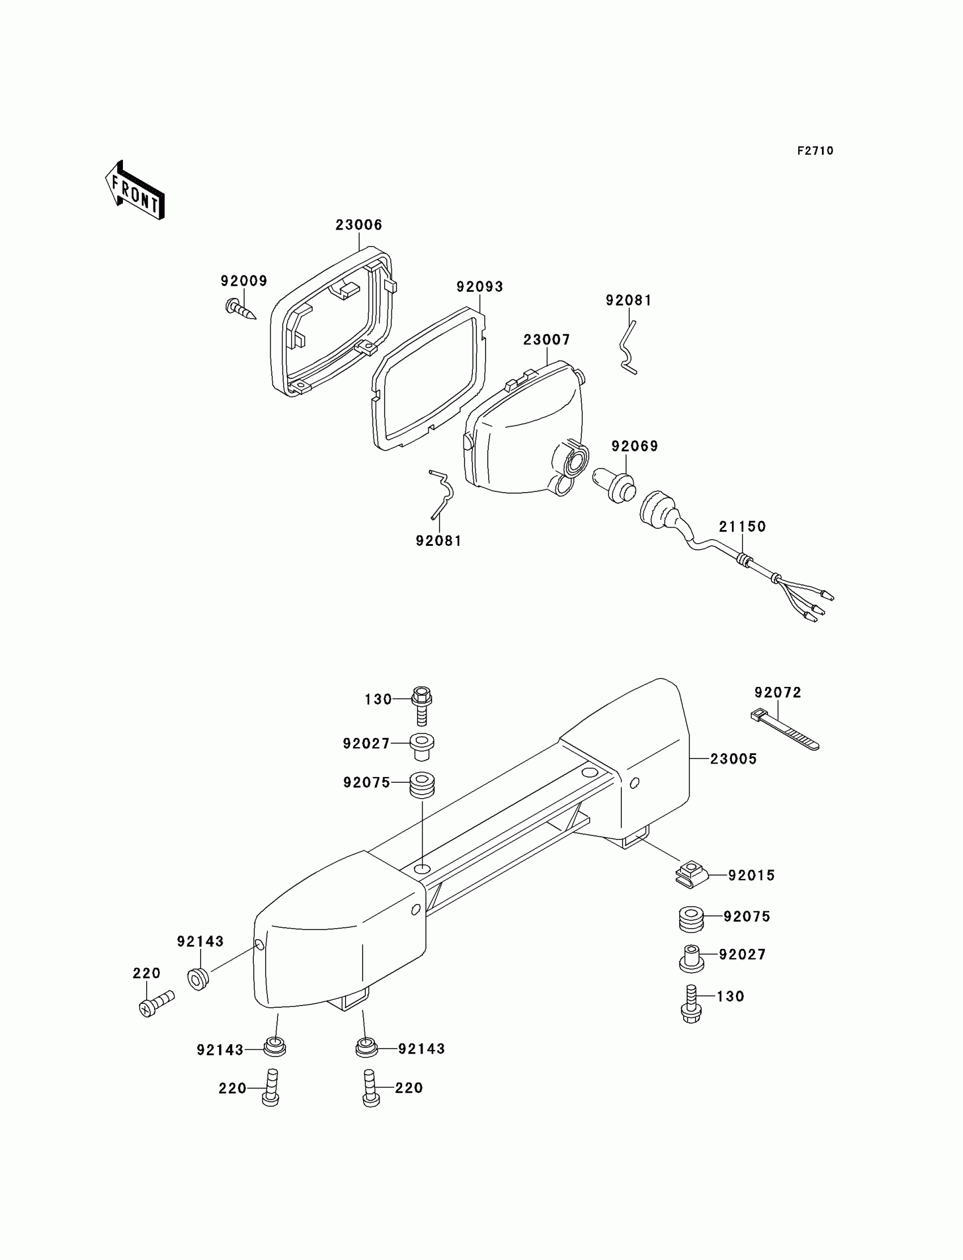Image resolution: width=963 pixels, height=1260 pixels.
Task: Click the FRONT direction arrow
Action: pyautogui.click(x=135, y=191)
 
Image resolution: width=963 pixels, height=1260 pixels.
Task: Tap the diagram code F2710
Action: pyautogui.click(x=815, y=151)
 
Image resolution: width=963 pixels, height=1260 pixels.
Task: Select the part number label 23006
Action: pyautogui.click(x=359, y=225)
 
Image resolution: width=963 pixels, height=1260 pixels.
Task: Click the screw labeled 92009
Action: pyautogui.click(x=240, y=308)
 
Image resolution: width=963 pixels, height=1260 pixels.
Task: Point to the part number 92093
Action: pyautogui.click(x=480, y=287)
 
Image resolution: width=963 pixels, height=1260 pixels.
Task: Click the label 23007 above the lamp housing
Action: pyautogui.click(x=547, y=340)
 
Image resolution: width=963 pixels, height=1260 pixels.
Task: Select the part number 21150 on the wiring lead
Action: pyautogui.click(x=742, y=527)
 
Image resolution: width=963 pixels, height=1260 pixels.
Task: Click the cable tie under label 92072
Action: pyautogui.click(x=785, y=731)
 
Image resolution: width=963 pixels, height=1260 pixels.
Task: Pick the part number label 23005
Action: pyautogui.click(x=733, y=759)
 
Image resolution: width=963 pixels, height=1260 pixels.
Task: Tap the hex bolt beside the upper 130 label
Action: pyautogui.click(x=421, y=705)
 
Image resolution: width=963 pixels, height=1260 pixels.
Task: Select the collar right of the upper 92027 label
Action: pyautogui.click(x=422, y=746)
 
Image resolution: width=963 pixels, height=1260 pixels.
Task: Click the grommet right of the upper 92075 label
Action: pyautogui.click(x=423, y=784)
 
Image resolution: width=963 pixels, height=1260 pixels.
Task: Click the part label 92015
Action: pyautogui.click(x=751, y=875)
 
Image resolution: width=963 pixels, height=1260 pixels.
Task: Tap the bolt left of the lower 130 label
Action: pyautogui.click(x=691, y=1002)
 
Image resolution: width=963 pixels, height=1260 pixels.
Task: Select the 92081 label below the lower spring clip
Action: pyautogui.click(x=438, y=541)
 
